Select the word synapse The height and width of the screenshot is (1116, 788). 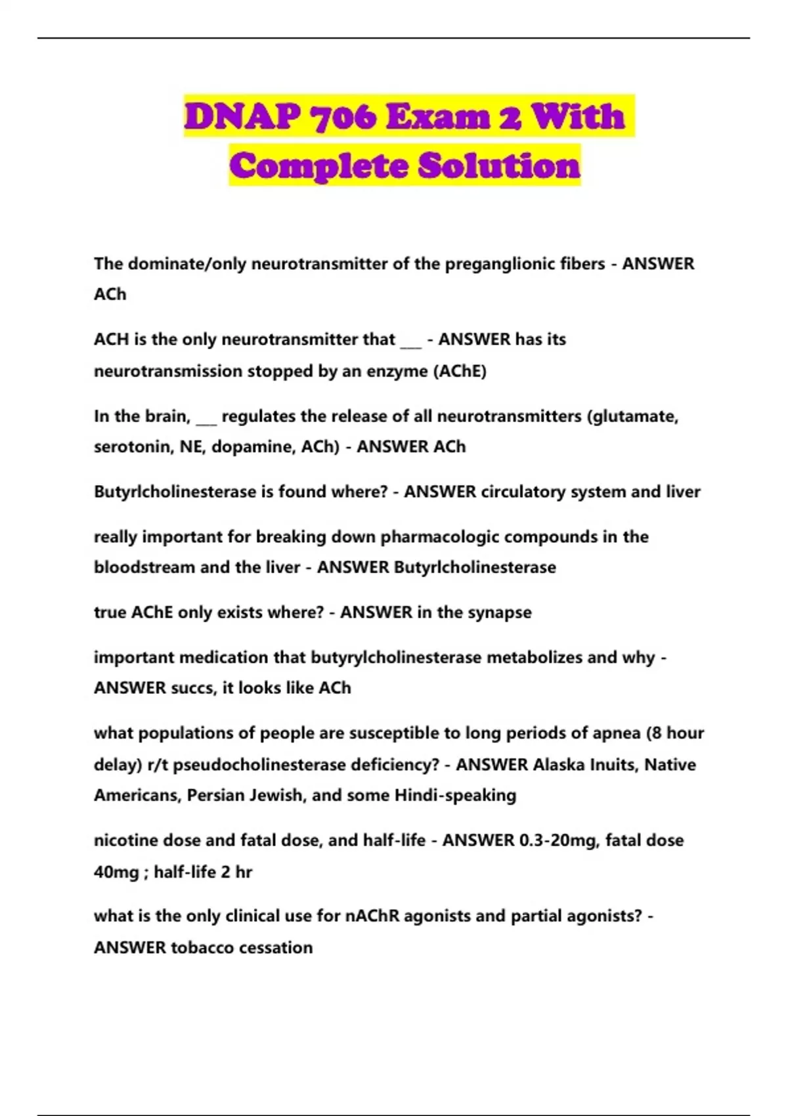pyautogui.click(x=499, y=613)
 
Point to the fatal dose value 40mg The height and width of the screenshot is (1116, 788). pyautogui.click(x=116, y=872)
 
